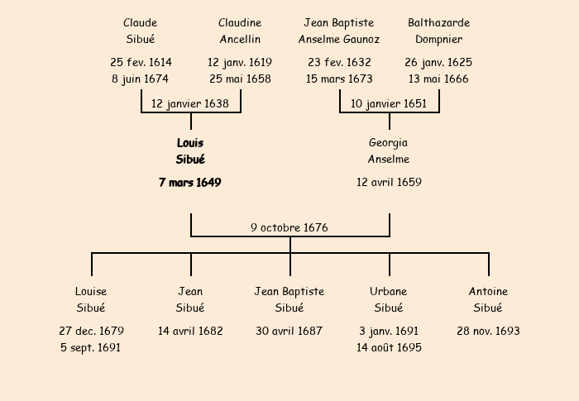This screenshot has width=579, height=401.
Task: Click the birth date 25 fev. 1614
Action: coord(141,63)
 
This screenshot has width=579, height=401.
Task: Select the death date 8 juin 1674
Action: coord(141,79)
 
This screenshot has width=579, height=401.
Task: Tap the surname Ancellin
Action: coord(240,40)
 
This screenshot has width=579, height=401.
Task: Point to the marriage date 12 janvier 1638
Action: coord(190,103)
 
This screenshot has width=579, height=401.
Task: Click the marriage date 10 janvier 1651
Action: coord(389,103)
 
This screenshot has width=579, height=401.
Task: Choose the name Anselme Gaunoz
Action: coord(339,40)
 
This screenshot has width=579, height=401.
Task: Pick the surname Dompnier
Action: coord(438,40)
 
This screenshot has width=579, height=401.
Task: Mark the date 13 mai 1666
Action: coord(438,79)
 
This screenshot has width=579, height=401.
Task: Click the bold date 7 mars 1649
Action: coord(190,182)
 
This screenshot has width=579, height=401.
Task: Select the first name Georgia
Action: coord(389,143)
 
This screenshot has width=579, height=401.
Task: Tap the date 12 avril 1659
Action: coord(389,182)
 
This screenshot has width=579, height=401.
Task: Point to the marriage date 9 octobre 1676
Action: coord(289,227)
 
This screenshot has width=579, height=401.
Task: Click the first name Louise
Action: coord(91,292)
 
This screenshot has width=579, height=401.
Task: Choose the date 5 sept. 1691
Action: coord(91,347)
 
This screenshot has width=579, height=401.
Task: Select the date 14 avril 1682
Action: coord(190,331)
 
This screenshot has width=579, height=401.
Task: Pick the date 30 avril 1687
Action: coord(289,331)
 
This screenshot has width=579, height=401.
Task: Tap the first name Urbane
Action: coord(389,292)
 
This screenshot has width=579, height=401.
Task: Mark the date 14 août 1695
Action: coord(389,347)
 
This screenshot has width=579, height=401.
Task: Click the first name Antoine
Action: coord(488,292)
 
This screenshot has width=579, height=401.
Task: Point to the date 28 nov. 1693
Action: coord(488,331)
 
